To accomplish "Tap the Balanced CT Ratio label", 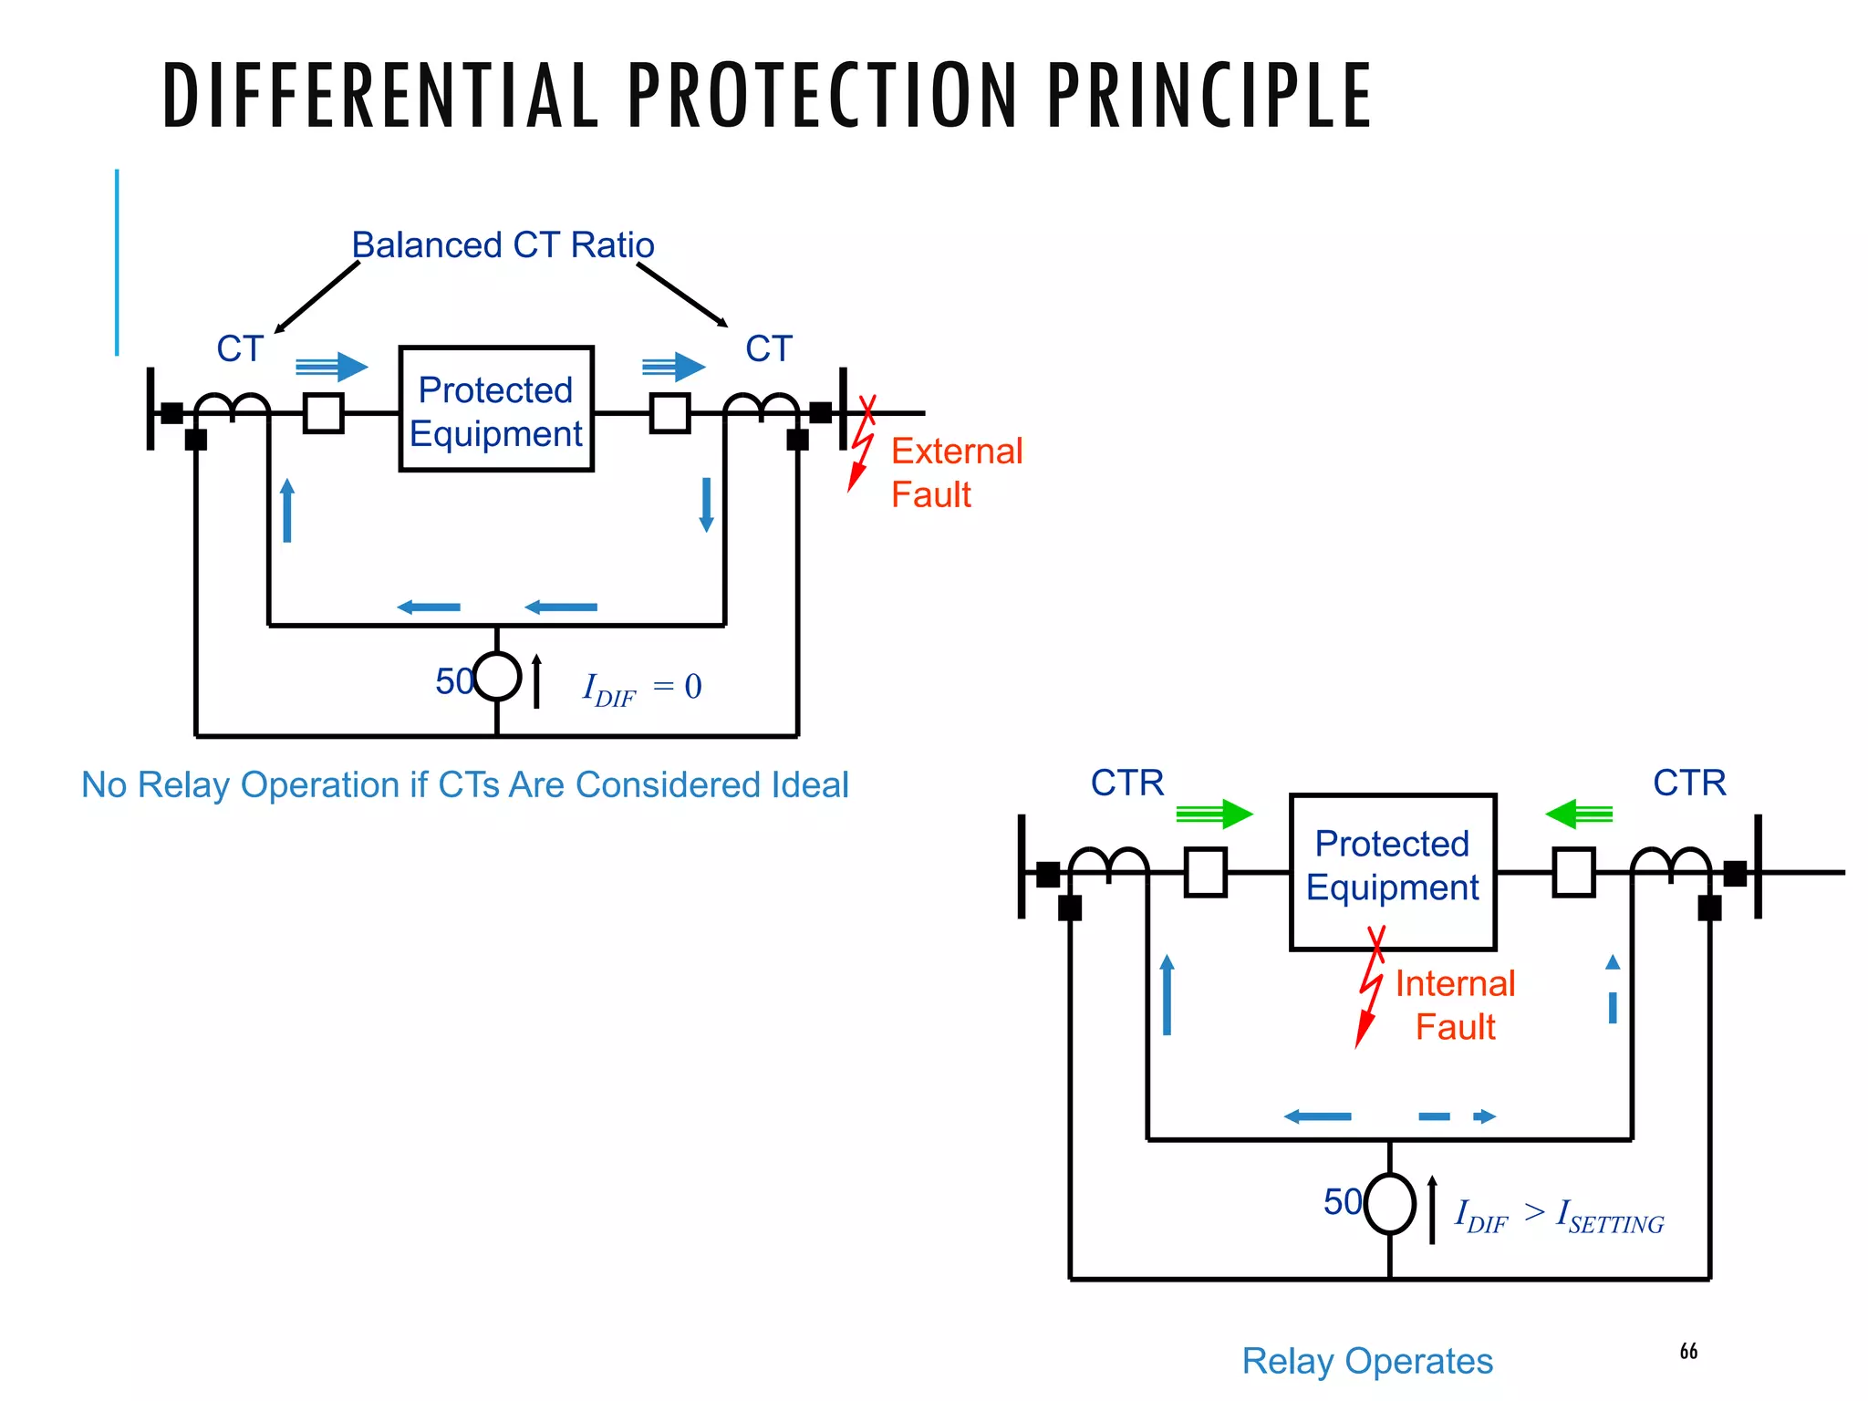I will click(503, 245).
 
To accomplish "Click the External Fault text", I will click(956, 472).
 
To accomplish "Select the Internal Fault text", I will click(1455, 1005).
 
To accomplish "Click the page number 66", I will click(1688, 1351).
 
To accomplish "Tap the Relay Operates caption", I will click(1367, 1361).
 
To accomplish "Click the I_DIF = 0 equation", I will click(642, 688).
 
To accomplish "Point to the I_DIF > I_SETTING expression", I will click(1559, 1216).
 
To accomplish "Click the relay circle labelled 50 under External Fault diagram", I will click(497, 677).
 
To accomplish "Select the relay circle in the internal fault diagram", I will click(1389, 1204).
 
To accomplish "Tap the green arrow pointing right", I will click(1214, 814).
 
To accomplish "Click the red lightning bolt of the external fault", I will click(860, 447).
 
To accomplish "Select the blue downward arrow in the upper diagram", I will click(706, 504).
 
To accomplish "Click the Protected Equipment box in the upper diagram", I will click(496, 410).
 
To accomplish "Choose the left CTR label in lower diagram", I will click(1127, 784).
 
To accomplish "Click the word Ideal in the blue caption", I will click(810, 785).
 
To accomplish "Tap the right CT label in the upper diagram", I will click(768, 349).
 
